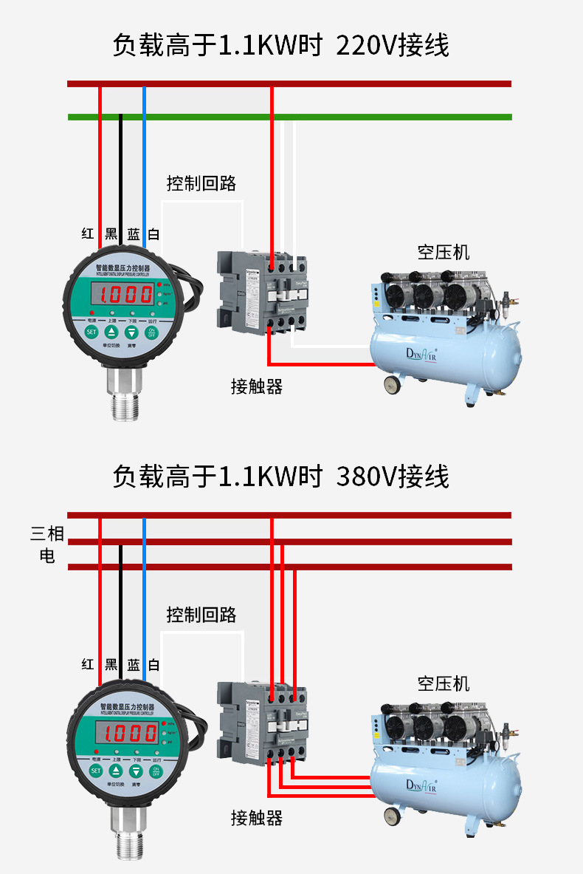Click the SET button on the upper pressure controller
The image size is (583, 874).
pos(92,332)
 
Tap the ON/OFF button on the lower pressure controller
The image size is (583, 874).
pos(155,770)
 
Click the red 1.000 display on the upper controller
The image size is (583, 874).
pos(126,295)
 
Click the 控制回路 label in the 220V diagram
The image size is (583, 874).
pos(201,183)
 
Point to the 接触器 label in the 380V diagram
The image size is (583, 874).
pos(256,817)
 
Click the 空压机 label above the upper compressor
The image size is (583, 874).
pos(443,252)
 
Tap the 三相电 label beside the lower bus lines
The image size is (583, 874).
pos(47,544)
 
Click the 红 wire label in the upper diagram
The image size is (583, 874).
pos(88,234)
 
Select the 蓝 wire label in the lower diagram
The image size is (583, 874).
pos(133,665)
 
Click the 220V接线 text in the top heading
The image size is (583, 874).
pos(392,46)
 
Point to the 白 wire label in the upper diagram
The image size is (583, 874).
pos(153,234)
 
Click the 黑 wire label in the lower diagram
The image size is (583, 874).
pos(111,665)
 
